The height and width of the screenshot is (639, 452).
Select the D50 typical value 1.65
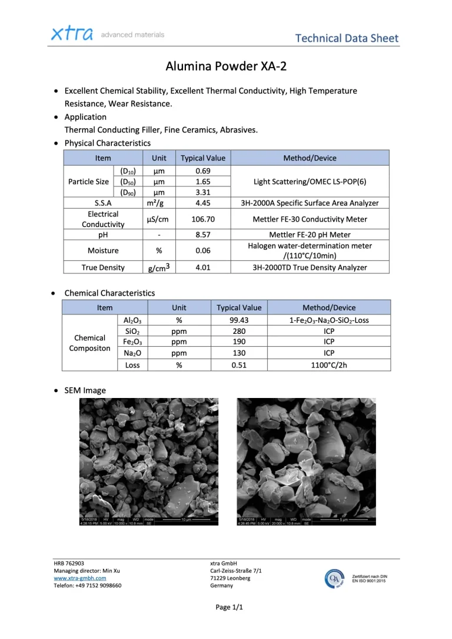pos(202,182)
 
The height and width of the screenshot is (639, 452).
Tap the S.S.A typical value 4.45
pos(202,203)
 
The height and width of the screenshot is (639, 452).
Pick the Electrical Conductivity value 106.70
pos(202,219)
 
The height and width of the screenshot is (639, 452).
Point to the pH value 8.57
pos(202,235)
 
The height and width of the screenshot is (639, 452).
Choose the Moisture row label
pos(103,250)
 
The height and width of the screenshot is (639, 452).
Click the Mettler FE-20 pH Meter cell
pos(310,235)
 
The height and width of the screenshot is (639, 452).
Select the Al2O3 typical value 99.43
pos(239,320)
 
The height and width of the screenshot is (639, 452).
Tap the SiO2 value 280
pos(239,332)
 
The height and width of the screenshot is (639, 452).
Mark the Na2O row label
pos(132,353)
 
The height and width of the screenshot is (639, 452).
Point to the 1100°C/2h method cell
pos(329,364)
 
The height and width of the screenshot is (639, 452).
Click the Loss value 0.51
pos(239,364)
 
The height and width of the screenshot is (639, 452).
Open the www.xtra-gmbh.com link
pos(80,578)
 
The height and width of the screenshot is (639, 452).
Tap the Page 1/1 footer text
pos(226,607)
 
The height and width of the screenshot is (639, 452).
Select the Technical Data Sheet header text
pos(347,39)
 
